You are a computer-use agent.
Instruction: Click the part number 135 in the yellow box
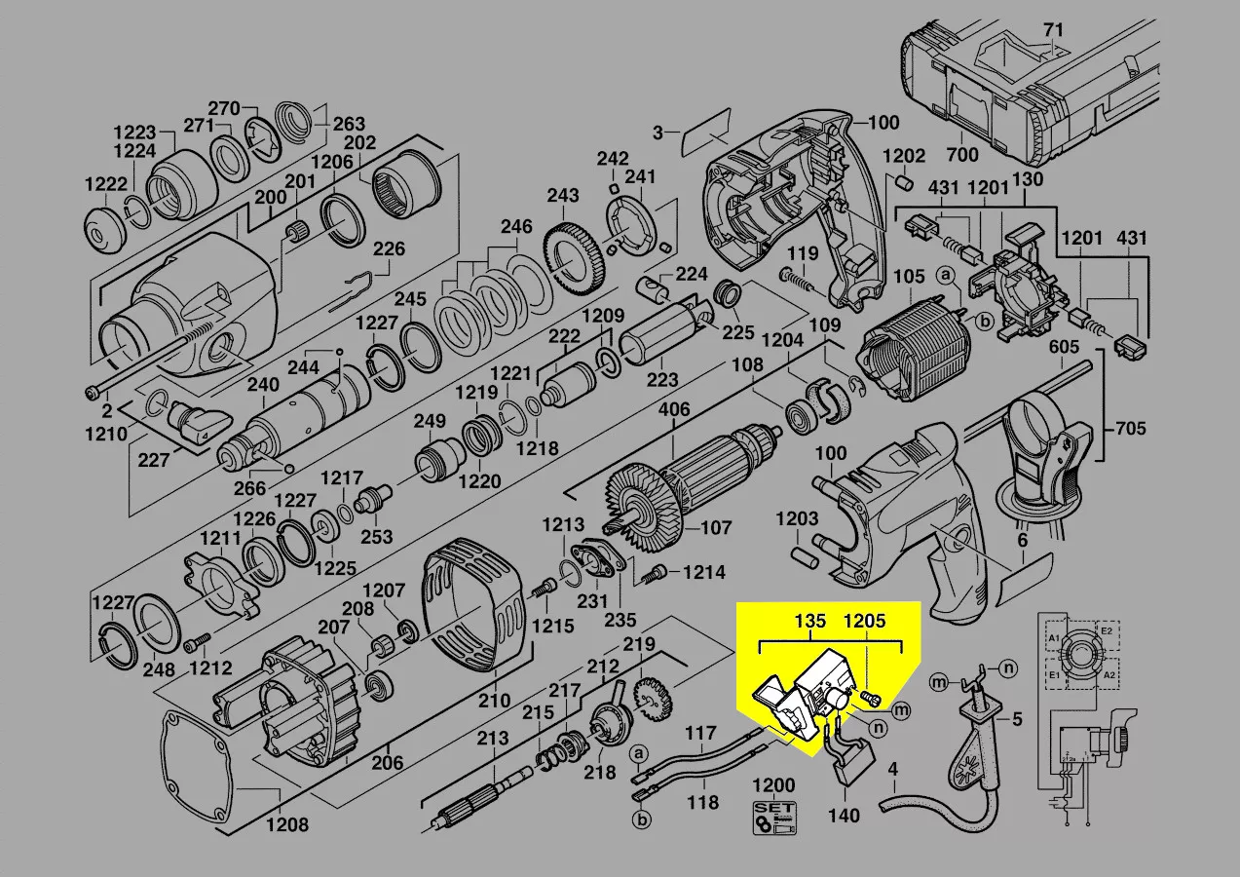809,621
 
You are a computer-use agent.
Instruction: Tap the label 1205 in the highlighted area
864,621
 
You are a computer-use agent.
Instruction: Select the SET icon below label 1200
774,818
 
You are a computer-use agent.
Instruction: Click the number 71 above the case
1052,29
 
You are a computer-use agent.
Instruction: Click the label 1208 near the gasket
287,824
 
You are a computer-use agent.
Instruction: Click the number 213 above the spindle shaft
493,738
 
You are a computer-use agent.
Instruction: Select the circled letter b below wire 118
641,820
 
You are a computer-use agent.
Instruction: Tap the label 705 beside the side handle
1130,429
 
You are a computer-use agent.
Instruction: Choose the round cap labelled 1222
102,229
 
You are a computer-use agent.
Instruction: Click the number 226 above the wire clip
389,249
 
